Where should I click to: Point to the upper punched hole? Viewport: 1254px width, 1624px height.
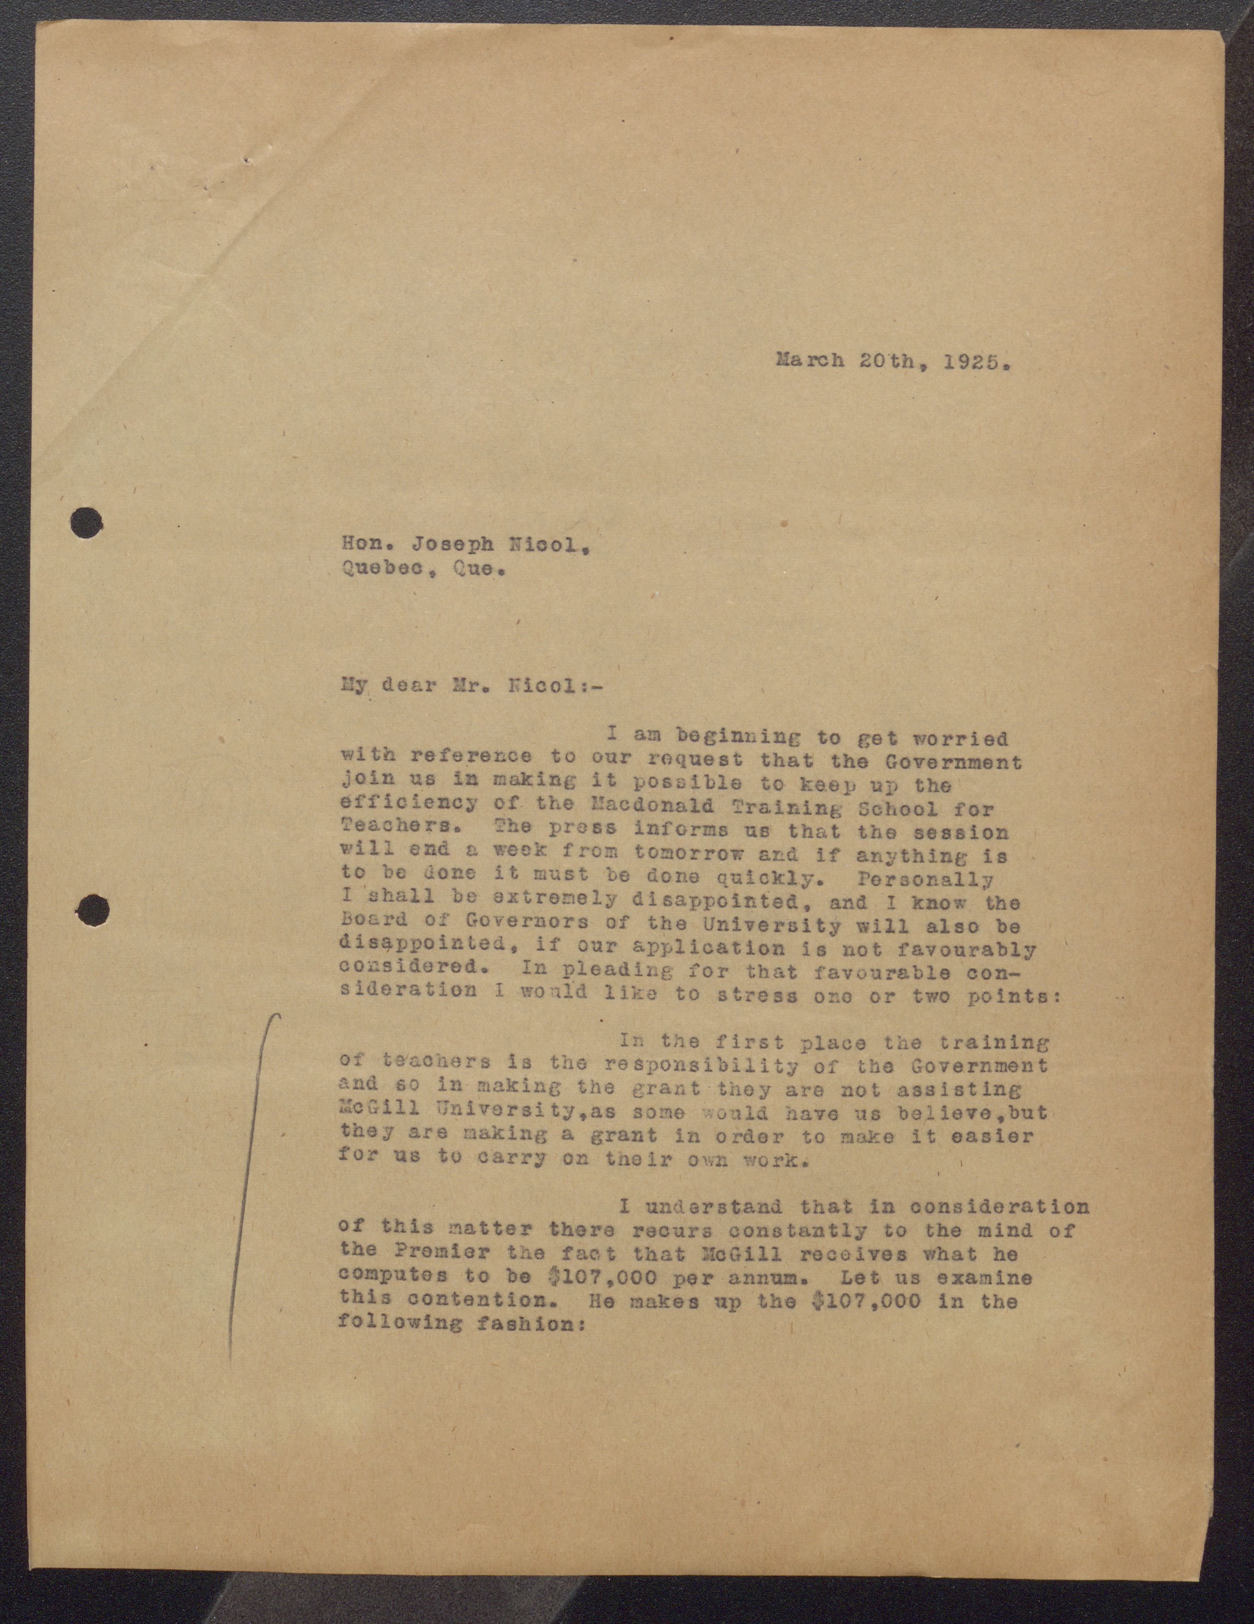(x=86, y=523)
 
